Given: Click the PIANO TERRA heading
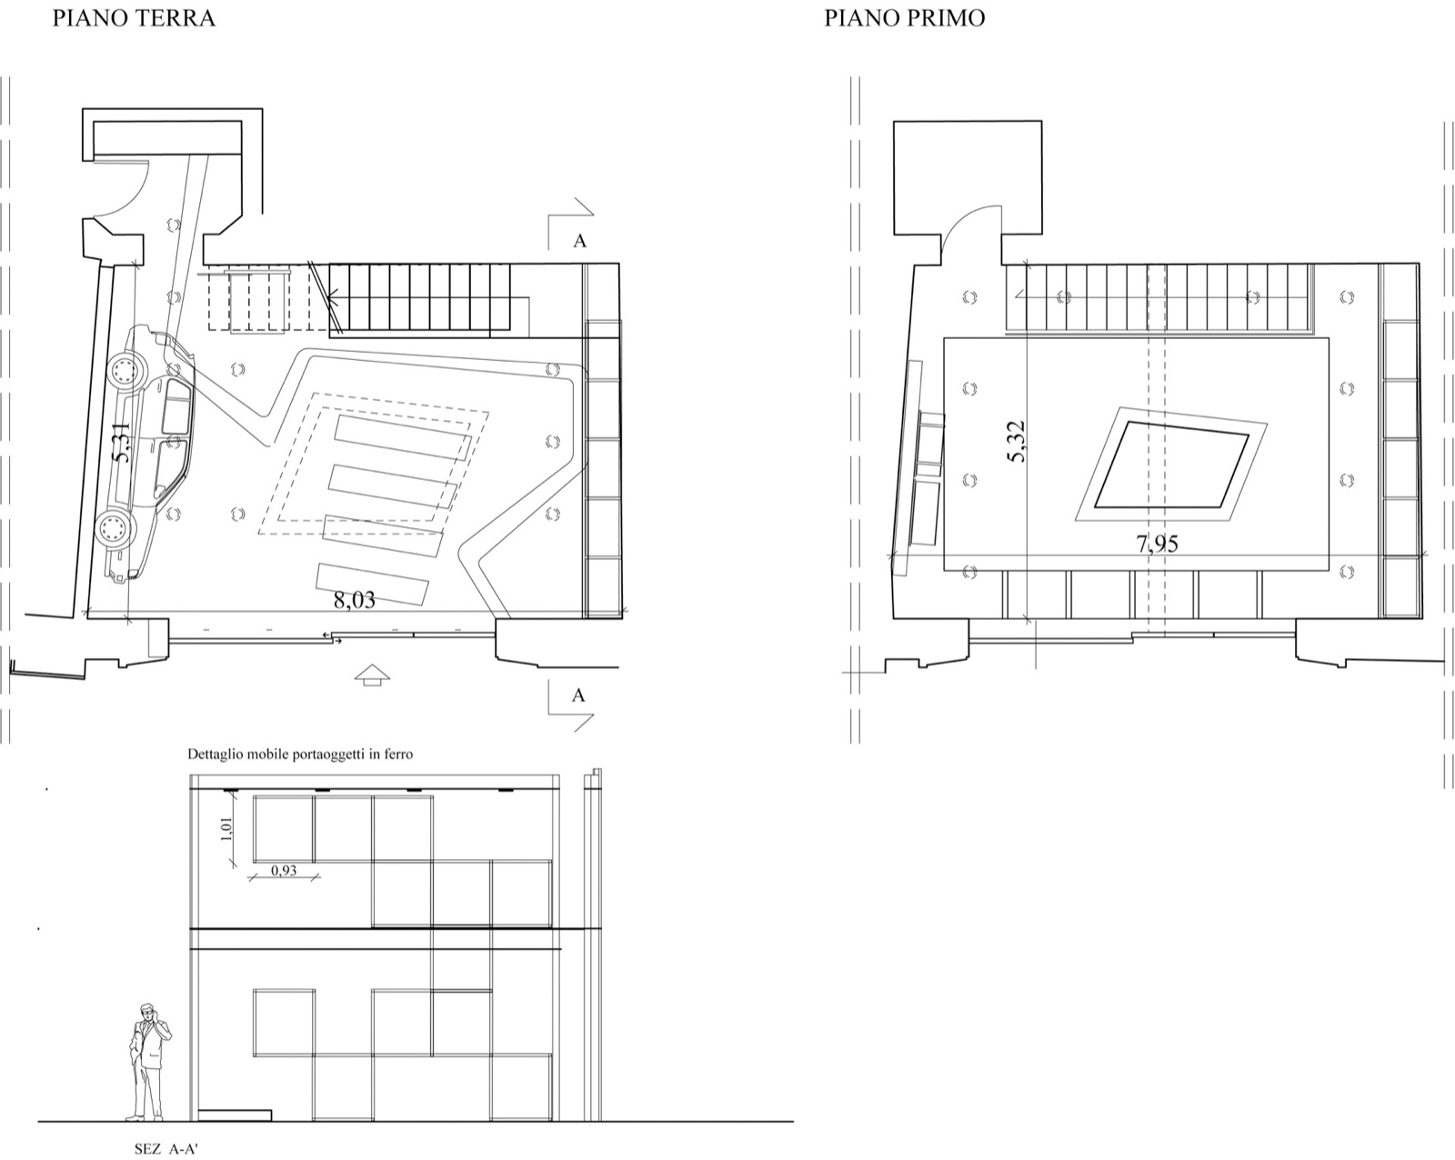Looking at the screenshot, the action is [134, 18].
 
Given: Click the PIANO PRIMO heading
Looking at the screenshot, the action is [904, 18].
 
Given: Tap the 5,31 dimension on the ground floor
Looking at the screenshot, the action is [121, 442].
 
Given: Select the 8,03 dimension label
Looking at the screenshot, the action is [355, 600].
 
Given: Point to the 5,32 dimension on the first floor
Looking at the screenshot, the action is [1016, 442].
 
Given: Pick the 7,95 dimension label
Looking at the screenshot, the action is [1157, 544].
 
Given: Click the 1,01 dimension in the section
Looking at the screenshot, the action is [226, 829].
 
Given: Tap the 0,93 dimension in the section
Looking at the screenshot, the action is [284, 870].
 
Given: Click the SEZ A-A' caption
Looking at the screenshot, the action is [166, 1148].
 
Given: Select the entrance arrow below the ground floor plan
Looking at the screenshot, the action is [373, 675].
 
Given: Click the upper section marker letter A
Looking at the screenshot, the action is [579, 241].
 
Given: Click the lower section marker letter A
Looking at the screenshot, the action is [578, 695].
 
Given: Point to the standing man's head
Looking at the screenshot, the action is [146, 1012].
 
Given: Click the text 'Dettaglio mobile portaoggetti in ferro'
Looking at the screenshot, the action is [300, 754].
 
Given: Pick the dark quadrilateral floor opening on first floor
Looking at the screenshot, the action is [1172, 465].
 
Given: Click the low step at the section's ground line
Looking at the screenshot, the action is [235, 1115].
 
